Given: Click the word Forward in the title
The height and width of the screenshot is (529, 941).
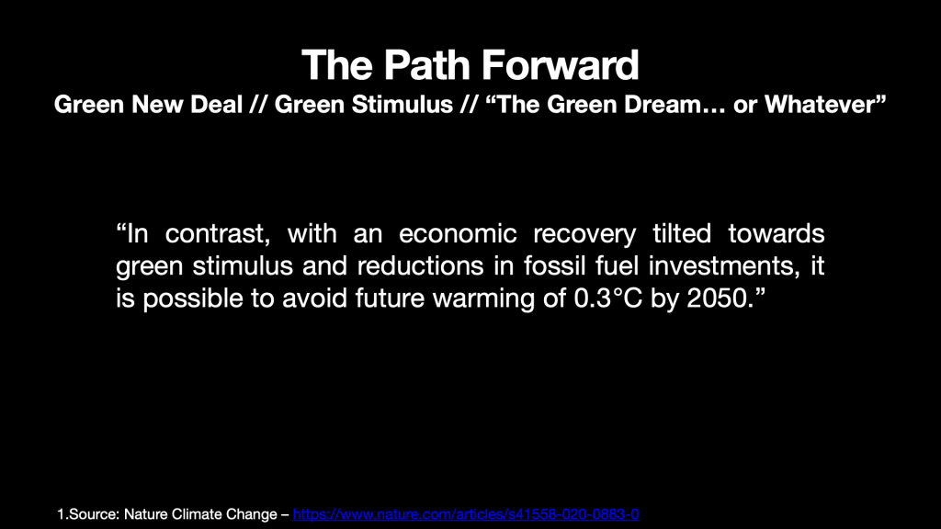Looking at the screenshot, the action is click(560, 65).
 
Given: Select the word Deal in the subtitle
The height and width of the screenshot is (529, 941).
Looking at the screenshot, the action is click(217, 105).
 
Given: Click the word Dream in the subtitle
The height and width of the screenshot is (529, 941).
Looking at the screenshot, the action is click(663, 105).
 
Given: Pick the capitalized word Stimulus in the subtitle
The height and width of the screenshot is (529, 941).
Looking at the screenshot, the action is click(402, 105).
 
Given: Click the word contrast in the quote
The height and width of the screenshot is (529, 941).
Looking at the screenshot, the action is click(217, 233).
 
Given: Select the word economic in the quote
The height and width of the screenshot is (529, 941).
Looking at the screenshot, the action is click(458, 233).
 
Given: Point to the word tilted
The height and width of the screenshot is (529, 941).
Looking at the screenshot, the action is click(682, 233).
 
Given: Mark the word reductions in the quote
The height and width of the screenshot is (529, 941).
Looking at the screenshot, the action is click(420, 265).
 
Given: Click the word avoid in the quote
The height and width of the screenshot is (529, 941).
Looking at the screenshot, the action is click(314, 298).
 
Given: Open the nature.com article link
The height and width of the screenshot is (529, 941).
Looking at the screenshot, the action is click(466, 514).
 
